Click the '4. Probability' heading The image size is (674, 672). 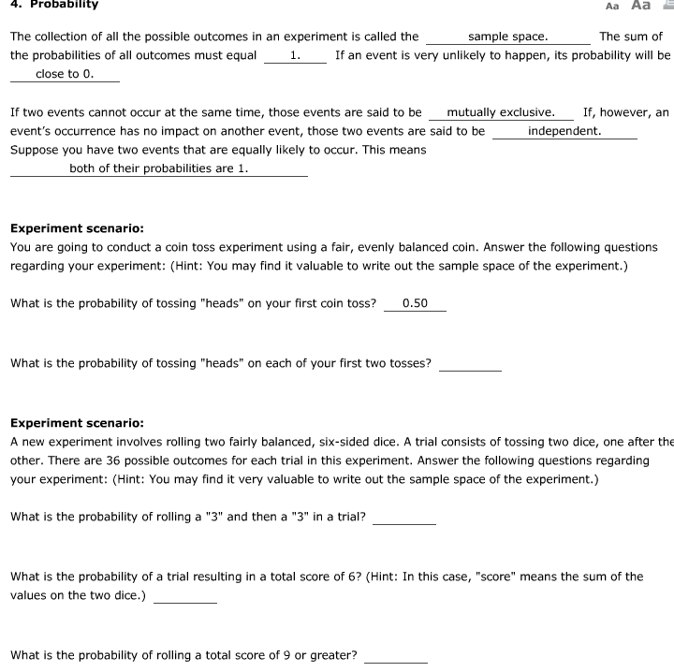tap(53, 5)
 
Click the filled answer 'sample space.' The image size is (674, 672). tap(507, 37)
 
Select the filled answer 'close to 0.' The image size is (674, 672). tap(65, 73)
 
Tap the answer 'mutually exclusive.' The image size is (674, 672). tap(501, 112)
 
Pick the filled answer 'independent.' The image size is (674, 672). tap(564, 131)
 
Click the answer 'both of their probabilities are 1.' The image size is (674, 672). tap(158, 168)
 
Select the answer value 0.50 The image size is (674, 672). tap(415, 303)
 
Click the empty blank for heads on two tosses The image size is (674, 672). tap(470, 364)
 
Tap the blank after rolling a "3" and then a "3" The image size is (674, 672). tap(403, 518)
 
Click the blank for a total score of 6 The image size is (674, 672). tap(185, 596)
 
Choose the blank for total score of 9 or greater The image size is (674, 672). tap(395, 656)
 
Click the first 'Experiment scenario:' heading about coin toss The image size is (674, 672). tap(77, 227)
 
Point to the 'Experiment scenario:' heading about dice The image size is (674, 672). tap(77, 422)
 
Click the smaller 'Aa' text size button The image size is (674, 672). tap(612, 6)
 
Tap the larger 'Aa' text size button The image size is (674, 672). tap(641, 5)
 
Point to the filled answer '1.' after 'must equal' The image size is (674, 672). tap(295, 55)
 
